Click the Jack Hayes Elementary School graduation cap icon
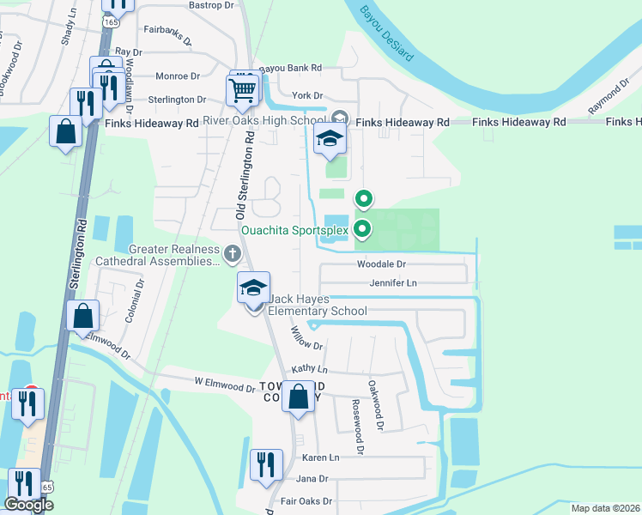click(x=254, y=288)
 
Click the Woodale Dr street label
click(x=380, y=265)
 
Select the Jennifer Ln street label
click(x=392, y=282)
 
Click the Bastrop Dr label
click(x=210, y=6)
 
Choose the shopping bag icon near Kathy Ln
click(x=298, y=397)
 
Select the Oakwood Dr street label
click(x=374, y=404)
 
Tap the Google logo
click(x=28, y=505)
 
